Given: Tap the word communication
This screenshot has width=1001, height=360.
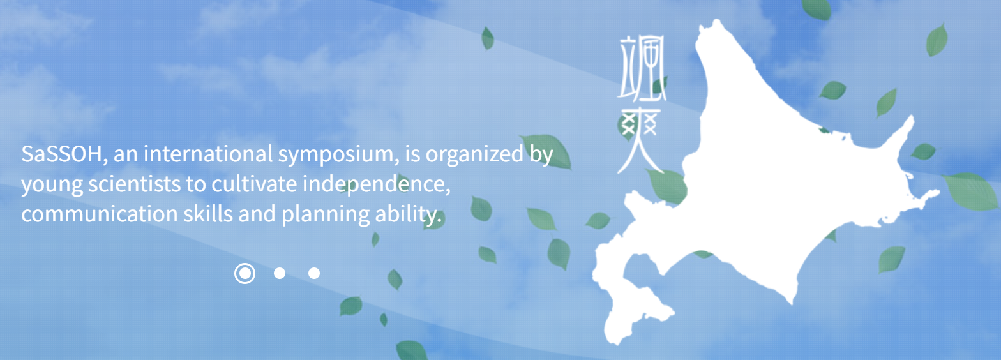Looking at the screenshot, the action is pyautogui.click(x=100, y=214).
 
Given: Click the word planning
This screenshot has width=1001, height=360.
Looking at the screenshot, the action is pyautogui.click(x=326, y=214).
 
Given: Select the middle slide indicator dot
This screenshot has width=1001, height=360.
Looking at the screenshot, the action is pyautogui.click(x=280, y=273).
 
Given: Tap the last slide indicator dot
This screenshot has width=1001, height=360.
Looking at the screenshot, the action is pyautogui.click(x=314, y=273).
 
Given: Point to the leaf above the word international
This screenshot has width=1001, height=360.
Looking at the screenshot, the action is pyautogui.click(x=488, y=38).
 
